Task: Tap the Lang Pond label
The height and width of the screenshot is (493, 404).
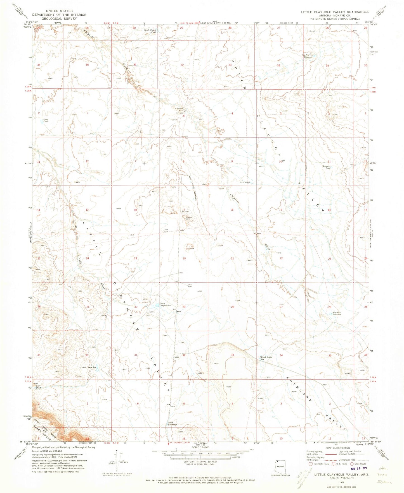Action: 46,121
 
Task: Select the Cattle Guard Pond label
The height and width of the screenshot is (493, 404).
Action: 150,31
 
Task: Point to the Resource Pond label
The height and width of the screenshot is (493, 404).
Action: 326,168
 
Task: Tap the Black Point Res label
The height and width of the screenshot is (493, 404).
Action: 266,358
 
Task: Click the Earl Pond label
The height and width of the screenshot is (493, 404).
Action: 38,387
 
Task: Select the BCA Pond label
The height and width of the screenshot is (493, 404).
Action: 245,182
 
